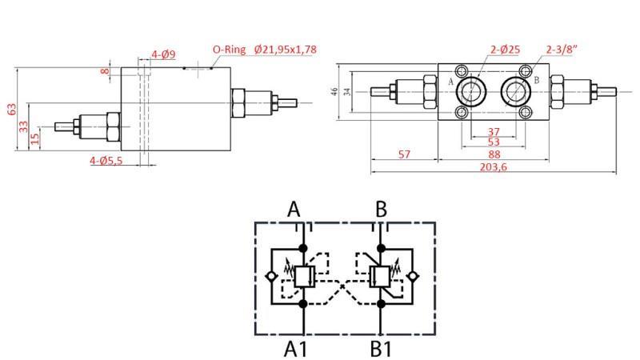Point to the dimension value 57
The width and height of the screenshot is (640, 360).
tap(404, 154)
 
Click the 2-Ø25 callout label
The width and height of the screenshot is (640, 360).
tap(505, 50)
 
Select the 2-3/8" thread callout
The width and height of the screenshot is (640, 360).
tap(562, 50)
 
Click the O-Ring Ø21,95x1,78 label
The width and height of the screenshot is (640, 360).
tap(264, 50)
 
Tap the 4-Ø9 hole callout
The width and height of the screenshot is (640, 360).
tap(164, 55)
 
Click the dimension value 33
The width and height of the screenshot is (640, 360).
tap(23, 126)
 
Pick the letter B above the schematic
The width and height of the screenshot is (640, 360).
tap(382, 210)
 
